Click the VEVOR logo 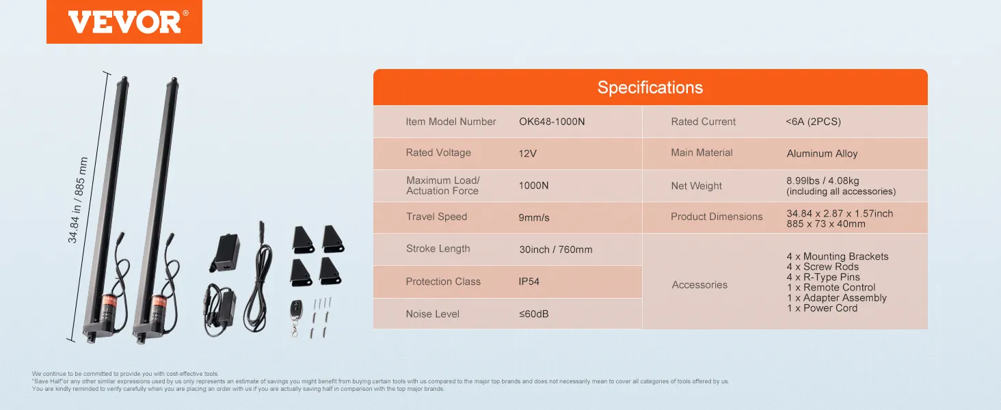[x=124, y=22]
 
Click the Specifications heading [x=650, y=87]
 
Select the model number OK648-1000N [x=552, y=122]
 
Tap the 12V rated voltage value [x=527, y=154]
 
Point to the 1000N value [x=533, y=185]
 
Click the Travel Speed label [x=437, y=217]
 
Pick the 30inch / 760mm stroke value [x=556, y=249]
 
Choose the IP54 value [x=529, y=282]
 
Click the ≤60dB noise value [x=533, y=314]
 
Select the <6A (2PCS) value [x=814, y=122]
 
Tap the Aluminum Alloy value [x=823, y=154]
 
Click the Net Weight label [x=696, y=186]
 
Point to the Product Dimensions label [x=717, y=217]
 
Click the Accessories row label [x=699, y=285]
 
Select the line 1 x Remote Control [x=831, y=288]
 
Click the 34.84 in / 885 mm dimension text [x=78, y=200]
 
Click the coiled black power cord [x=258, y=277]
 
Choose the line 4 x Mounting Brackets [x=838, y=256]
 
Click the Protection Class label [x=443, y=282]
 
